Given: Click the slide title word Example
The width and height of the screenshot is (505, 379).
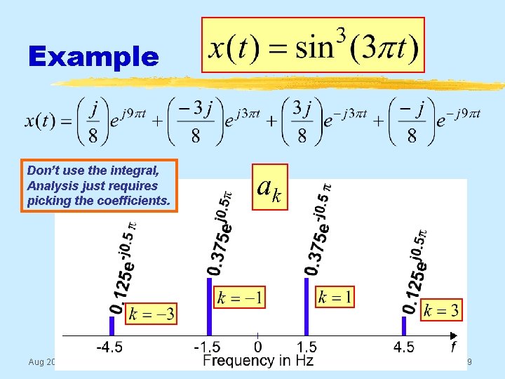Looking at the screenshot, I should [x=94, y=57].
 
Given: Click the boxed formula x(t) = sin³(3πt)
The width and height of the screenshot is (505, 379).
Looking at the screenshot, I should [x=313, y=45].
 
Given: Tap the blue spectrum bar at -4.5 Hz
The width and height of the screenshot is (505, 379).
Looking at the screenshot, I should [x=112, y=325].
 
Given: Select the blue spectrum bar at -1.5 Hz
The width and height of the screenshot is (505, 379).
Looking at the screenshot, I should [x=209, y=307].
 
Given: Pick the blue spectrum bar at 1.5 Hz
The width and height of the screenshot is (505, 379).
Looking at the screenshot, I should [x=307, y=307].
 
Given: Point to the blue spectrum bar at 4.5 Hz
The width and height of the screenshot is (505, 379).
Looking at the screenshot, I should [x=404, y=325].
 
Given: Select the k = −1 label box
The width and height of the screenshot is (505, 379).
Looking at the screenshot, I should [x=241, y=297].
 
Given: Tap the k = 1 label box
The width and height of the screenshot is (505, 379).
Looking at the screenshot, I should [x=335, y=297].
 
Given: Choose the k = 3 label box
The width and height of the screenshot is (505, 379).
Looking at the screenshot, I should [x=441, y=310].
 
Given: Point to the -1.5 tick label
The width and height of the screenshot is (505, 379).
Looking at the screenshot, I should [x=208, y=347].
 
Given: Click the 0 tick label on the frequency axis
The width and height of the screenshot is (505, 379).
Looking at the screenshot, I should [x=258, y=347].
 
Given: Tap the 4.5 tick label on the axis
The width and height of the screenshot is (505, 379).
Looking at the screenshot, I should [x=404, y=347].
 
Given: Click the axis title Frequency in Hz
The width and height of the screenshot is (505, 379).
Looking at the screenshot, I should [x=258, y=361].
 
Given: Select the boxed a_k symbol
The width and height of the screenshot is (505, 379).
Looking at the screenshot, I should [x=269, y=187].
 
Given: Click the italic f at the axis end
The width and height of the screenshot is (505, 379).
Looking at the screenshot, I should [x=453, y=347].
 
